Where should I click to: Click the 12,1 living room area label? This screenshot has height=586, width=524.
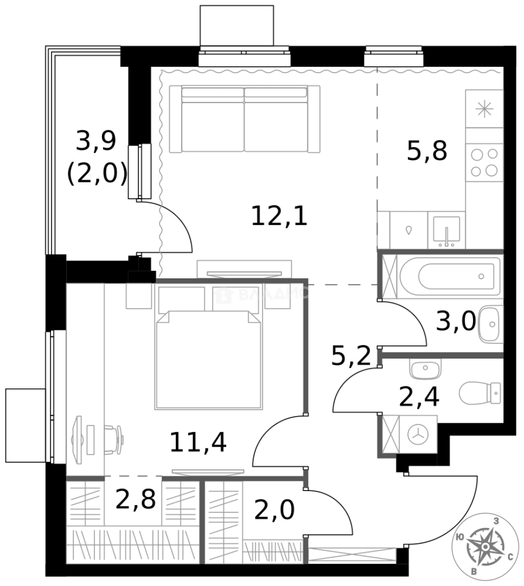[x=279, y=217]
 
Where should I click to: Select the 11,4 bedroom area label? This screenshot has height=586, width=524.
[x=197, y=442]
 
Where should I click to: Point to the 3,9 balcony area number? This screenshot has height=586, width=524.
[x=96, y=142]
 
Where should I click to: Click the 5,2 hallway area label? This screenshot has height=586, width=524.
[x=350, y=357]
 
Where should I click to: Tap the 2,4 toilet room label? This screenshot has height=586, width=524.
[x=419, y=397]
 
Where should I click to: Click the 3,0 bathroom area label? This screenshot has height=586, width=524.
[x=456, y=322]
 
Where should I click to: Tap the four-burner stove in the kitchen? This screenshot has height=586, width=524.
[x=484, y=162]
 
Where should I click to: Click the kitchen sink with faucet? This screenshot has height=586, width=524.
[x=446, y=230]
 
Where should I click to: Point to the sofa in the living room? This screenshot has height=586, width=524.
[x=245, y=119]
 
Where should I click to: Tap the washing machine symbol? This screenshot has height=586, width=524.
[x=418, y=434]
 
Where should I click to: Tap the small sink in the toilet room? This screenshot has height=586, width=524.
[x=425, y=371]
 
